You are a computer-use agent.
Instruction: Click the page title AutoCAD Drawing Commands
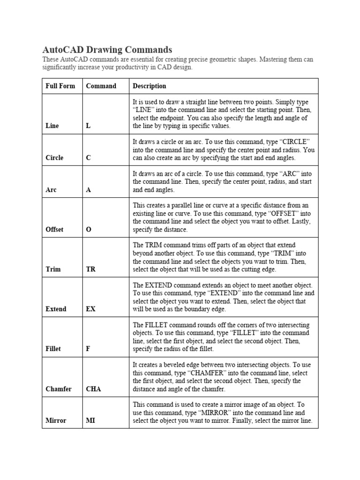[x=107, y=50]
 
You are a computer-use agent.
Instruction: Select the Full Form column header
[x=60, y=86]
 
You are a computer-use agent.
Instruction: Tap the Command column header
[x=101, y=86]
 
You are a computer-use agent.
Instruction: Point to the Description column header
[x=149, y=86]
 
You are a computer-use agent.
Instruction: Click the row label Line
[x=52, y=126]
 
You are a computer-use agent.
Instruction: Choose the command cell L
[x=88, y=126]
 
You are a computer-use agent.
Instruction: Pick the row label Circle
[x=54, y=158]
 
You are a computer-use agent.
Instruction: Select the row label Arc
[x=51, y=190]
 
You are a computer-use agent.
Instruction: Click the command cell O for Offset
[x=89, y=230]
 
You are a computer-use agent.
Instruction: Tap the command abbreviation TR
[x=90, y=270]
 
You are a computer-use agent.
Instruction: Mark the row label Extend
[x=56, y=309]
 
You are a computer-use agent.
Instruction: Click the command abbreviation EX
[x=90, y=309]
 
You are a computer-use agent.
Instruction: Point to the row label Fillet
[x=53, y=349]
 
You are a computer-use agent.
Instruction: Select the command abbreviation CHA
[x=93, y=389]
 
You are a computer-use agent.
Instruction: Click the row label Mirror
[x=56, y=420]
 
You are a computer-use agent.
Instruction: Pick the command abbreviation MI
[x=90, y=420]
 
